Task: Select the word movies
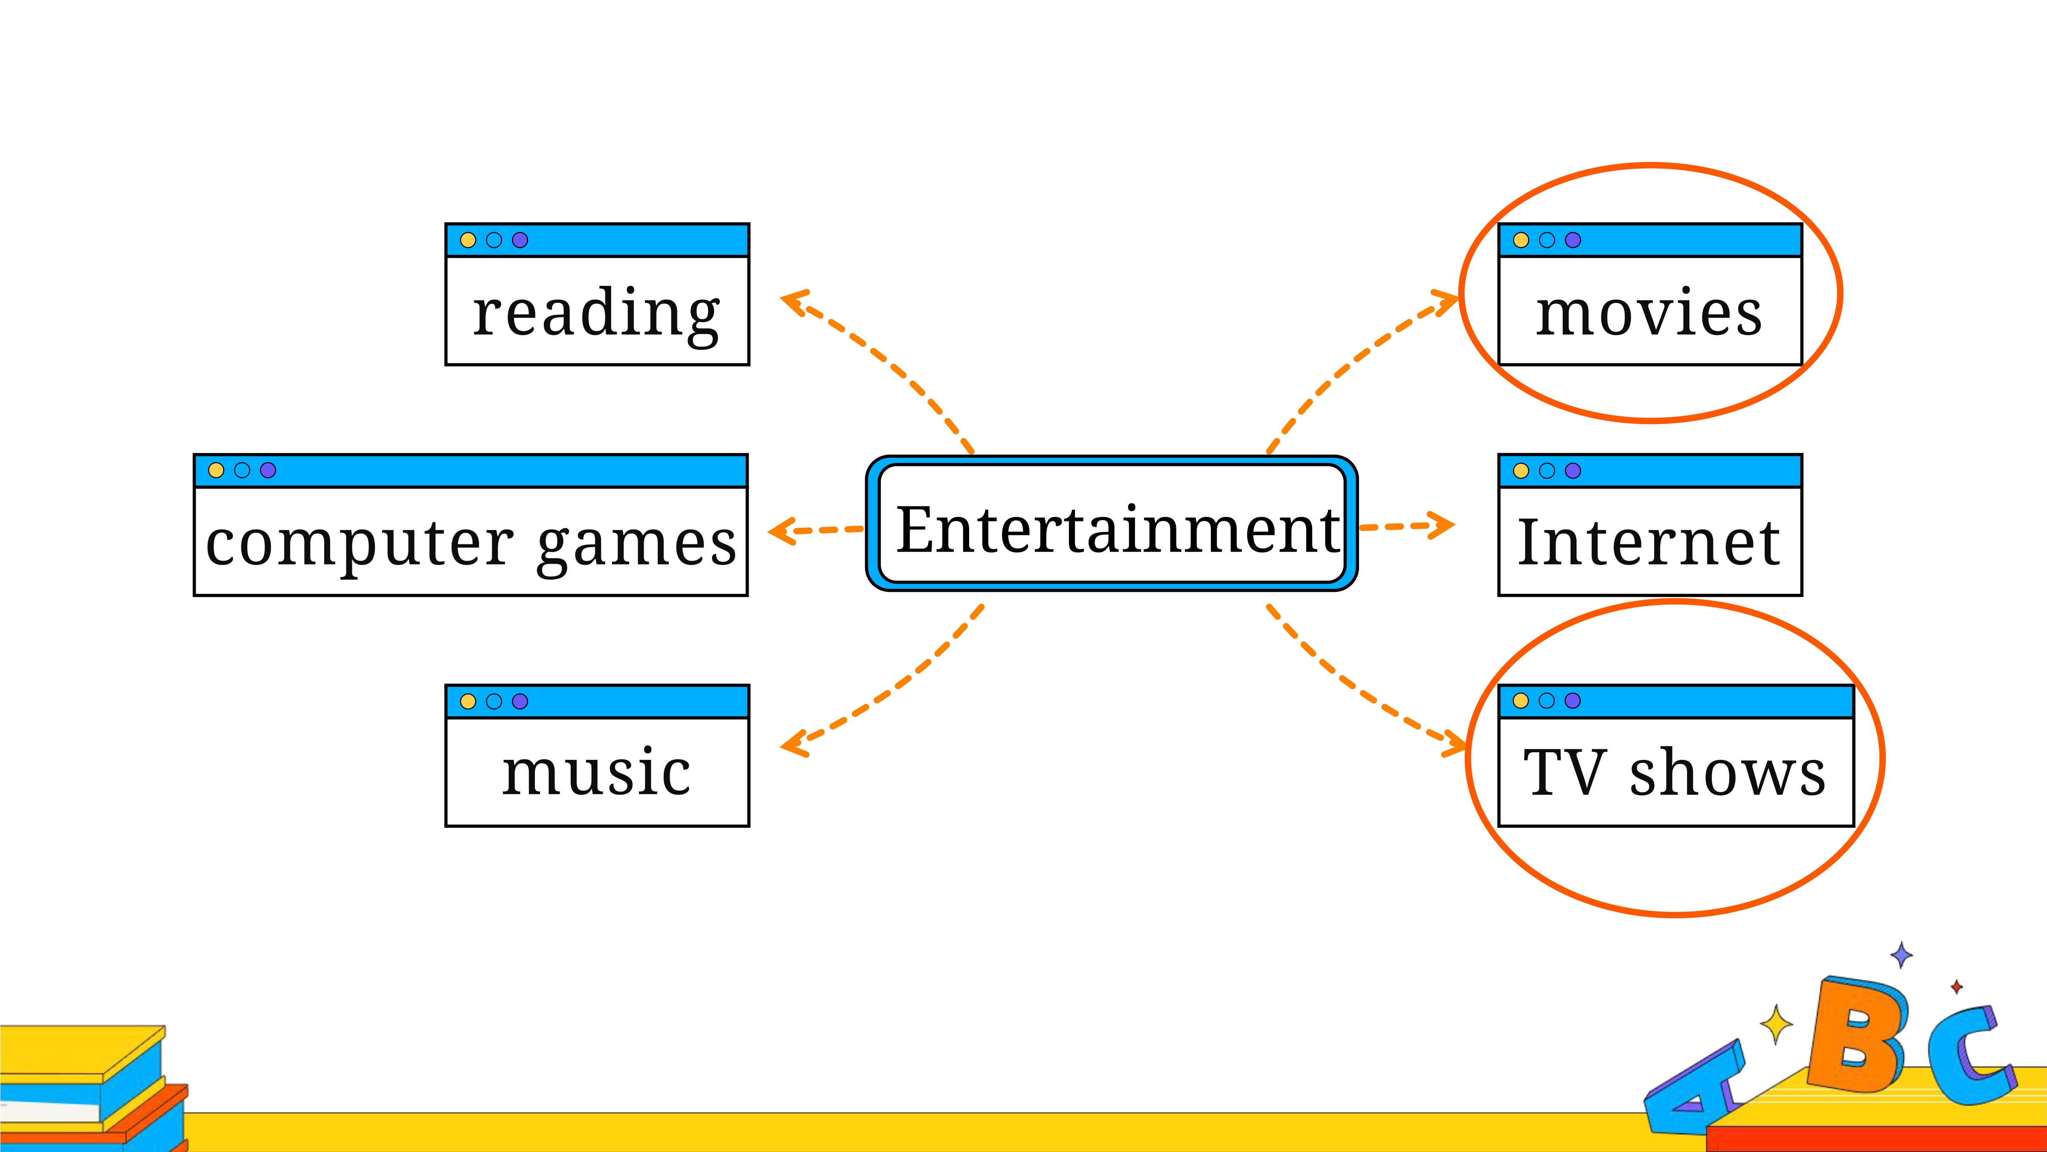1649,312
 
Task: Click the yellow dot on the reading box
468,240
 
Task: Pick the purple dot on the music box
520,701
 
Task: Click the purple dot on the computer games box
268,471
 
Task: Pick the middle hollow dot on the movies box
1546,240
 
